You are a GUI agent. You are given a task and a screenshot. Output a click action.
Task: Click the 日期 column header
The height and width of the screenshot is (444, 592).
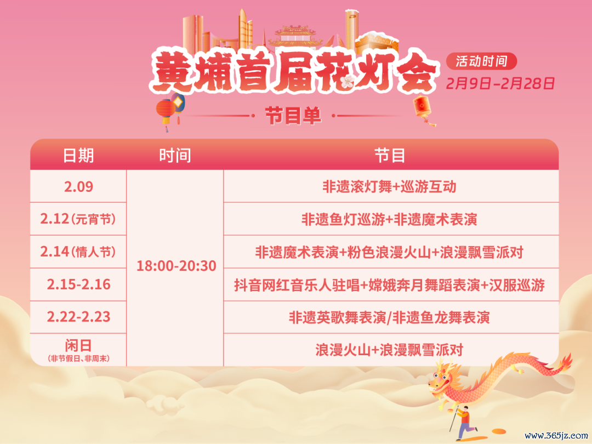point(78,156)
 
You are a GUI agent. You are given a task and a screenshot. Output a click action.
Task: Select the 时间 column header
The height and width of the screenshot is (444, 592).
point(175,156)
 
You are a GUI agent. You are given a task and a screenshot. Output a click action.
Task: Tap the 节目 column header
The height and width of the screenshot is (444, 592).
point(390,156)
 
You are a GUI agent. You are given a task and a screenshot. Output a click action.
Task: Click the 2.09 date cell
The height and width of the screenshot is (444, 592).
point(78,186)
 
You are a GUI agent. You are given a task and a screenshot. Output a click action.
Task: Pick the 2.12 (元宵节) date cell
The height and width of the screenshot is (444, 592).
point(78,219)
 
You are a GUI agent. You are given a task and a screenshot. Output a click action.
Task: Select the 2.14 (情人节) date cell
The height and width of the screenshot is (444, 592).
point(78,252)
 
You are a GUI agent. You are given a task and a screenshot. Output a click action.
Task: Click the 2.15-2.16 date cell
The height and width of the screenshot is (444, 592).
point(78,284)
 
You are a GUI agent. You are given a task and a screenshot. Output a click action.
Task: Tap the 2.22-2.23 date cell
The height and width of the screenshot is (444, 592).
point(78,317)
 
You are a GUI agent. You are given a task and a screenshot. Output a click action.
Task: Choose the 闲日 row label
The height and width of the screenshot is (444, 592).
point(78,345)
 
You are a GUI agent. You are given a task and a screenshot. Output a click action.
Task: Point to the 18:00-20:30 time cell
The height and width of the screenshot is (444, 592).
point(176,266)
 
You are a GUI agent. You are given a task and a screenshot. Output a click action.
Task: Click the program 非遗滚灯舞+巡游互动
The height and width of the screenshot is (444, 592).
point(389,187)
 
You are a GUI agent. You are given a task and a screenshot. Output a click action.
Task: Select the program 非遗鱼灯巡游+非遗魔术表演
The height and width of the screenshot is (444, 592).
point(389,219)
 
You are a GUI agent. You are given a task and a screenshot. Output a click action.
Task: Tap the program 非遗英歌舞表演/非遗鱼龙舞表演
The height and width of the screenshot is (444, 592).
point(389,317)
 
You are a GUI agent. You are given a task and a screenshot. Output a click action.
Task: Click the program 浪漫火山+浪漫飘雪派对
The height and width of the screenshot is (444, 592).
point(389,350)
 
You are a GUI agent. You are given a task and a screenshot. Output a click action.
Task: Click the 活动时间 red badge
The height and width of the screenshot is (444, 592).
point(481,61)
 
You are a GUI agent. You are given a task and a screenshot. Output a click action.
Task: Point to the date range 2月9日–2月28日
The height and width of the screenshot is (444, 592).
point(500,83)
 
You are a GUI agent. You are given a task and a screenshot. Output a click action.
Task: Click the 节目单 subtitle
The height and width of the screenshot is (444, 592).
point(293,116)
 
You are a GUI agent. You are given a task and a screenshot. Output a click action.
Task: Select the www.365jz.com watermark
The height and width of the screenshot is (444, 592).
point(556,435)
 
